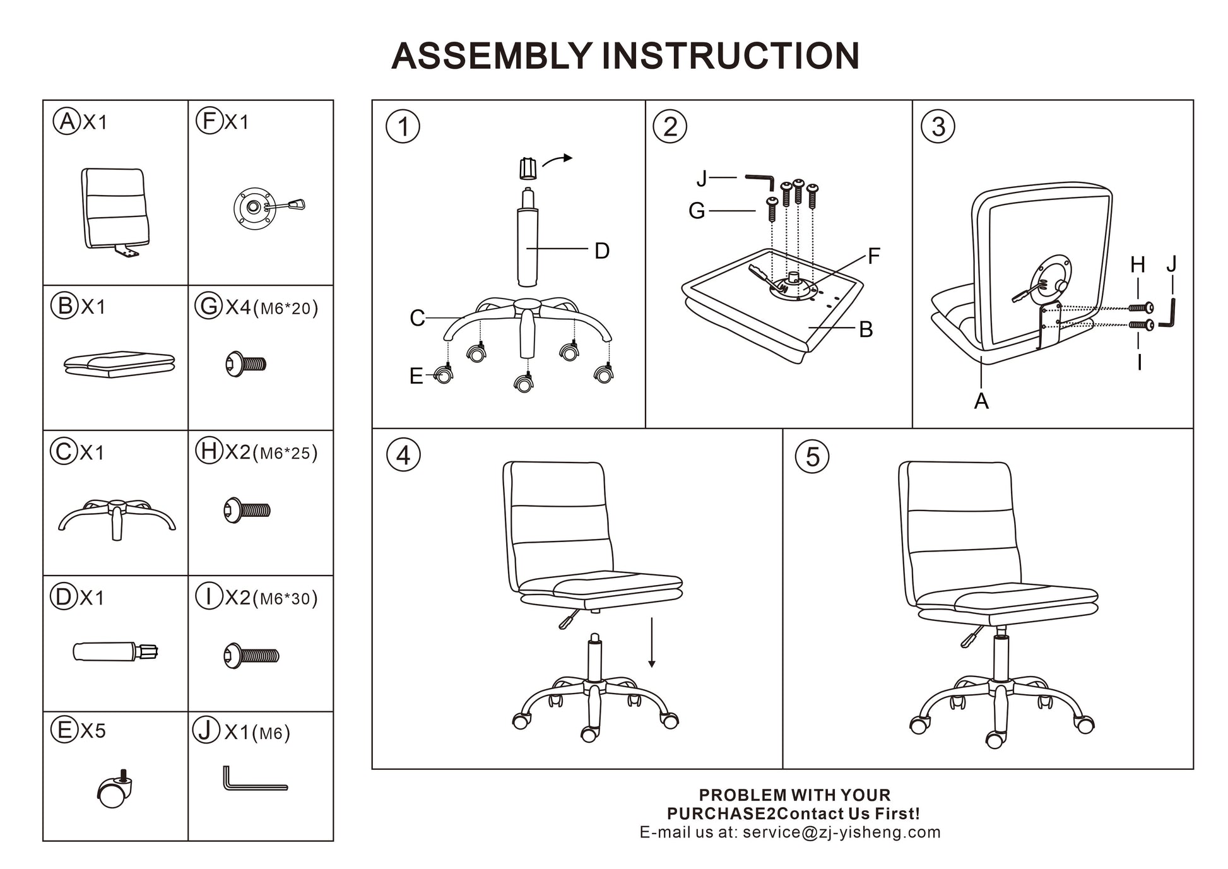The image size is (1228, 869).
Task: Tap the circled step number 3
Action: click(x=938, y=126)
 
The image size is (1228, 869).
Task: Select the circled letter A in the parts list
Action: click(x=66, y=121)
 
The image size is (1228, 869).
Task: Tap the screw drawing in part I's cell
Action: click(x=251, y=655)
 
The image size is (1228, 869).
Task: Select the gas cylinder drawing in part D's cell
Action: click(x=115, y=651)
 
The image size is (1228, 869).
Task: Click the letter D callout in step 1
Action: click(x=602, y=251)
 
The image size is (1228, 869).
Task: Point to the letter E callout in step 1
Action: click(x=416, y=376)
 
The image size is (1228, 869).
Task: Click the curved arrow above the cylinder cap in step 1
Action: click(x=557, y=160)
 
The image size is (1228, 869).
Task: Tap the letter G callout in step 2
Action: click(x=696, y=211)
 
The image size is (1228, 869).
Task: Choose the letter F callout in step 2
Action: click(x=873, y=256)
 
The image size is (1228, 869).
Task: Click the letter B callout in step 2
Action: click(x=866, y=329)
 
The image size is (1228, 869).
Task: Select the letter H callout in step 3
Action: click(x=1137, y=264)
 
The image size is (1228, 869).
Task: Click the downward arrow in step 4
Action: click(x=651, y=642)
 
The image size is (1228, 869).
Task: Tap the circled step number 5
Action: click(x=812, y=456)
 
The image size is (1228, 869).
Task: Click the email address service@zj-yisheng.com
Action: click(x=841, y=832)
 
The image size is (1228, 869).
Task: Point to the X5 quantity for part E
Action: click(x=93, y=730)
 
